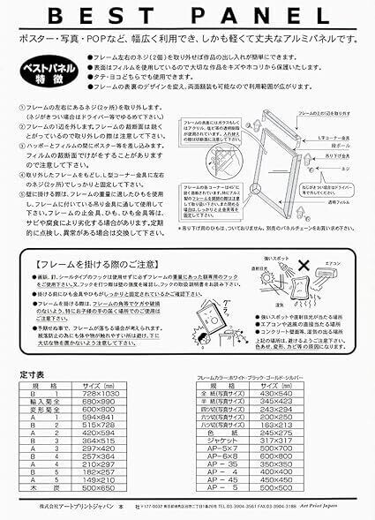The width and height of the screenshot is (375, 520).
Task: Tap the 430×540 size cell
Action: pyautogui.click(x=302, y=393)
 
